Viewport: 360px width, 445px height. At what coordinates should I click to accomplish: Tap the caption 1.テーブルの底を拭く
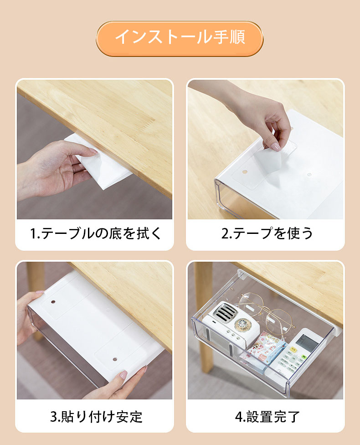[x=95, y=233]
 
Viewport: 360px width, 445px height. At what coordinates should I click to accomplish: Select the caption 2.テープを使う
[x=267, y=233]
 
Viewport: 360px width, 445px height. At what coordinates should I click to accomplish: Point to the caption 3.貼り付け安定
[x=96, y=417]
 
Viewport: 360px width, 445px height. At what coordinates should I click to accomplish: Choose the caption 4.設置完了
[x=267, y=417]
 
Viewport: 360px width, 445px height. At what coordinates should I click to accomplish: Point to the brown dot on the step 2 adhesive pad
[x=245, y=172]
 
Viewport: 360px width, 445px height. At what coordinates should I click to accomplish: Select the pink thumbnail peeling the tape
[x=275, y=146]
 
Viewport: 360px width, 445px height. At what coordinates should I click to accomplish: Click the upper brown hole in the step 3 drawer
[x=53, y=302]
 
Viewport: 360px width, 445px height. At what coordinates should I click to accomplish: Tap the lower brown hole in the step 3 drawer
[x=115, y=359]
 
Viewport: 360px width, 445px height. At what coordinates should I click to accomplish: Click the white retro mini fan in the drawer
[x=231, y=329]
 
